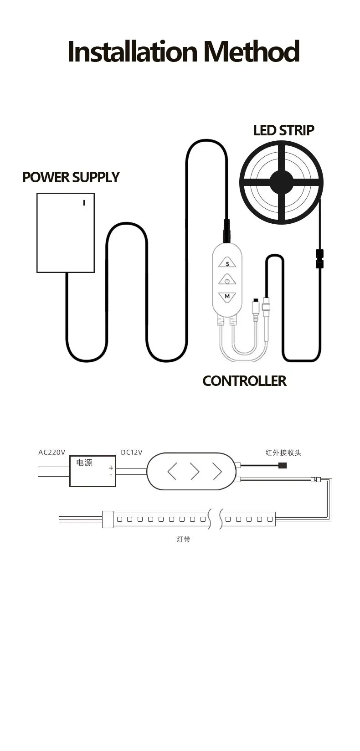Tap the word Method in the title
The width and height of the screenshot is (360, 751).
[251, 52]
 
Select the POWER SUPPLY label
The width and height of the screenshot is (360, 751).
[71, 177]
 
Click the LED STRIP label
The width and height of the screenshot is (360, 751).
[283, 130]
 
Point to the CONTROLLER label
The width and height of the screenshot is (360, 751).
[244, 381]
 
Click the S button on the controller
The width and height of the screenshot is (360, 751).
[227, 263]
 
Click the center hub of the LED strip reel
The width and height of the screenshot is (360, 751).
[281, 182]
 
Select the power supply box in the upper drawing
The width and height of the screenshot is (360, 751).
[66, 233]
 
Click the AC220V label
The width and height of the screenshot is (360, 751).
[51, 453]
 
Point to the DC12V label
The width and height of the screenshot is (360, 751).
[131, 453]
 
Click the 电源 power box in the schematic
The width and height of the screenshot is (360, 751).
[93, 471]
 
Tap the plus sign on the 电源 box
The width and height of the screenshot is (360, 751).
[111, 468]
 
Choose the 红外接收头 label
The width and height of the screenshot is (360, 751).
[283, 453]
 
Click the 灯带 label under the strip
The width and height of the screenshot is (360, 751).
[183, 540]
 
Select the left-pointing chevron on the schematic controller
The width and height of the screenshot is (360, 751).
[172, 472]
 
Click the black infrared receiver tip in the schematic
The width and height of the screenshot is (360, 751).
[283, 465]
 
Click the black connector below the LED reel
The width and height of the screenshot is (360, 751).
[320, 258]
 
